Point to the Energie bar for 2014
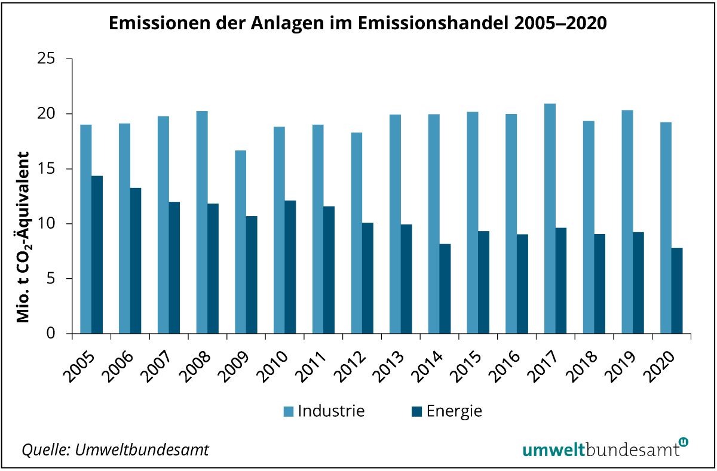point(445,289)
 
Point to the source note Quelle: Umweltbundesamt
point(115,449)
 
